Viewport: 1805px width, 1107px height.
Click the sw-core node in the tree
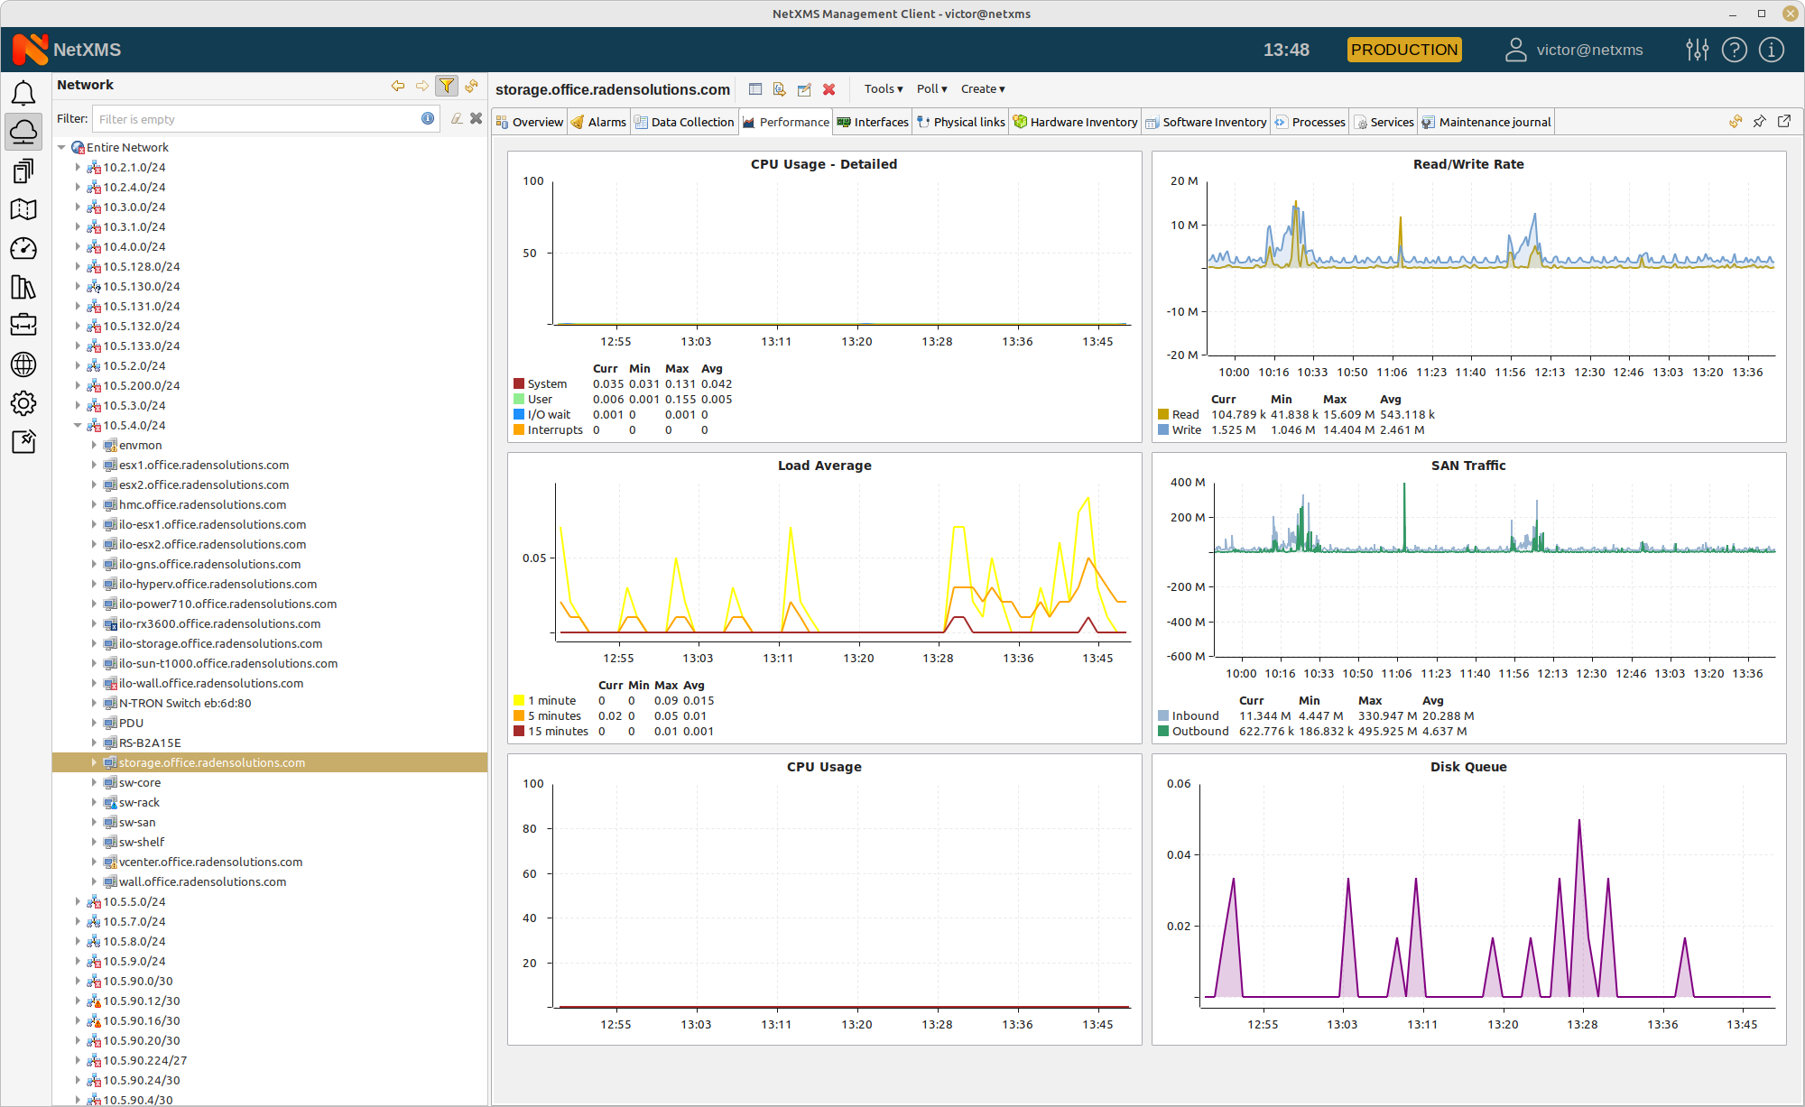click(140, 782)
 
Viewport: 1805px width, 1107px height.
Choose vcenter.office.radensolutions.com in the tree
click(210, 862)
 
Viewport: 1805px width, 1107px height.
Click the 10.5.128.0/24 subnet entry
click(141, 266)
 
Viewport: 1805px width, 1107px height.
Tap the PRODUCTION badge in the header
click(1403, 50)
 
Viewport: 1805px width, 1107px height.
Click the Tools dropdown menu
click(883, 88)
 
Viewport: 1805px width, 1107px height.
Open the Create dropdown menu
click(982, 88)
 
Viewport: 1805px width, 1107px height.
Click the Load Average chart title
click(824, 466)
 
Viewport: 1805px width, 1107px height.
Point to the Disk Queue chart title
click(1467, 767)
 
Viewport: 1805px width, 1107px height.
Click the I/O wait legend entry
click(549, 415)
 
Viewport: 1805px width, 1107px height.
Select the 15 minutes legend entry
click(558, 732)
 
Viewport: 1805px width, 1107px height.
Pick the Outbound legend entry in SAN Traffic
click(1199, 732)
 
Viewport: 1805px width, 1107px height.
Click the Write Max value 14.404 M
click(1348, 430)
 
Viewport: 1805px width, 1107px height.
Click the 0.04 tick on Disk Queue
click(1178, 854)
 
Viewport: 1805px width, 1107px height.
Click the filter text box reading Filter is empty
click(256, 119)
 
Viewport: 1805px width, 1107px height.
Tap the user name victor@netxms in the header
click(1588, 50)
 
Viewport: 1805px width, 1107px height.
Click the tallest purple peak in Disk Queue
click(1578, 821)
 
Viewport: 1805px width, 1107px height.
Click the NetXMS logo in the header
click(67, 50)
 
